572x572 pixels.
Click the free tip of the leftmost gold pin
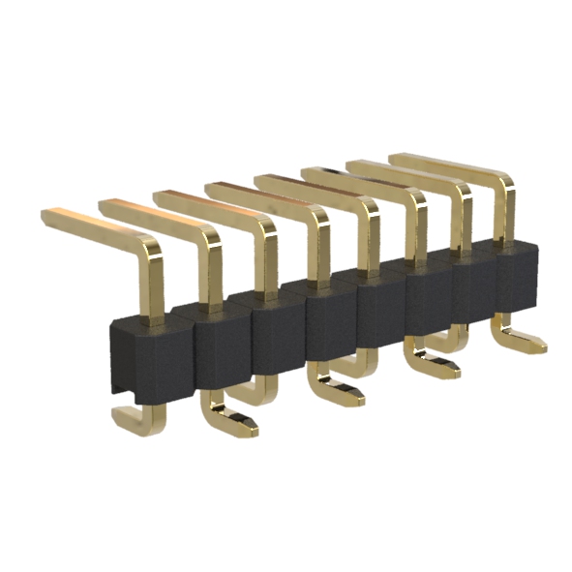pyautogui.click(x=48, y=213)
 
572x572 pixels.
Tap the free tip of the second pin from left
pyautogui.click(x=105, y=205)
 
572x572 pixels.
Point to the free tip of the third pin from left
pyautogui.click(x=161, y=196)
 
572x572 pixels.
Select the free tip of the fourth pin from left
pyautogui.click(x=211, y=187)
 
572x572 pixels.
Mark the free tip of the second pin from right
pyautogui.click(x=353, y=164)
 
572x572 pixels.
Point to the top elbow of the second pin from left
pyautogui.click(x=206, y=235)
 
